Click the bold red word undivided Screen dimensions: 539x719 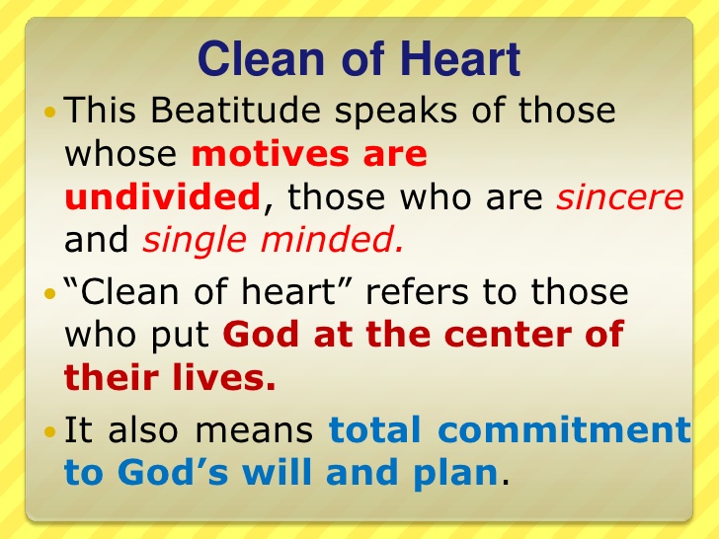coord(161,197)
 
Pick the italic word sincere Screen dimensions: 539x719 coord(619,197)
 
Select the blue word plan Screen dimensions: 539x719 coord(460,474)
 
